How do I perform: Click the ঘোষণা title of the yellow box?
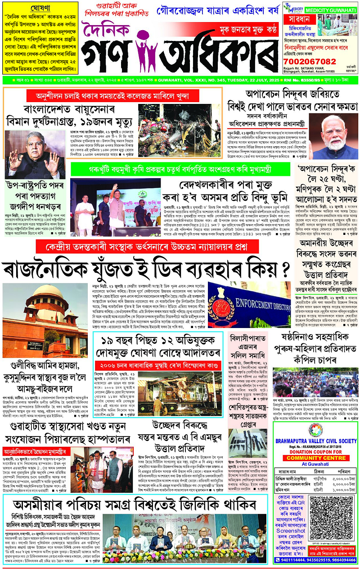coord(40,8)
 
